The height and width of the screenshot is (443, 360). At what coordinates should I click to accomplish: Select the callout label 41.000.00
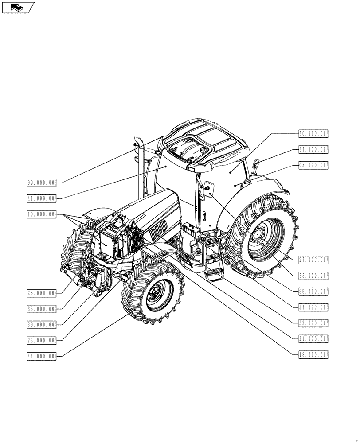pyautogui.click(x=41, y=198)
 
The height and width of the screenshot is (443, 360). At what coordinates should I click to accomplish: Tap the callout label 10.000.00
pyautogui.click(x=41, y=214)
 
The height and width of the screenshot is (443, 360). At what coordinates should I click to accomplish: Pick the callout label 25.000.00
pyautogui.click(x=41, y=293)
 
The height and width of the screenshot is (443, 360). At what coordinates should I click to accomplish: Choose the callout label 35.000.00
pyautogui.click(x=41, y=309)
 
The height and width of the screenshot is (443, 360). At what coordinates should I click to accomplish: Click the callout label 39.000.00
pyautogui.click(x=41, y=325)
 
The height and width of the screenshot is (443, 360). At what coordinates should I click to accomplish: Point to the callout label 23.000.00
pyautogui.click(x=41, y=341)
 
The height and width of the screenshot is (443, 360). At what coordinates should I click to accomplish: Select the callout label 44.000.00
pyautogui.click(x=41, y=356)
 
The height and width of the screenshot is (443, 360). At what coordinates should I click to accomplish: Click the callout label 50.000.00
pyautogui.click(x=313, y=133)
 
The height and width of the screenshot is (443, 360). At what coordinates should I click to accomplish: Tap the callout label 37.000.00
pyautogui.click(x=313, y=149)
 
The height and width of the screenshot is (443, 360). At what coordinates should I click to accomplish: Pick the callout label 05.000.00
pyautogui.click(x=313, y=165)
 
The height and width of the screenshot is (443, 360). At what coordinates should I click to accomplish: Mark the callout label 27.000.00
pyautogui.click(x=313, y=260)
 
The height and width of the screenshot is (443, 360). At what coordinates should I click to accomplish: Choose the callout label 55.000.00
pyautogui.click(x=313, y=276)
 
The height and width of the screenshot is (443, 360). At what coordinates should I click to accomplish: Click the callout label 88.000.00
pyautogui.click(x=313, y=291)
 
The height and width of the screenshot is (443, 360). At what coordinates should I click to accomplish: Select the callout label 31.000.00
pyautogui.click(x=313, y=307)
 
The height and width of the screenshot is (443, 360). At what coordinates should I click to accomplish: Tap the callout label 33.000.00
pyautogui.click(x=313, y=323)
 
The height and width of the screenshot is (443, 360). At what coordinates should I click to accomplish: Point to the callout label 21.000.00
pyautogui.click(x=313, y=339)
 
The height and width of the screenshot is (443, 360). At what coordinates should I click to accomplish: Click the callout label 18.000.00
pyautogui.click(x=313, y=354)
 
